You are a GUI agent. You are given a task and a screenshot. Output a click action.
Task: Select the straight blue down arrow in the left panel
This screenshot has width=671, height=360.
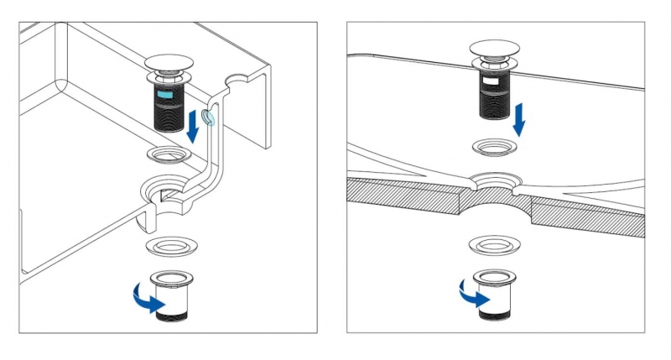pyautogui.click(x=195, y=127)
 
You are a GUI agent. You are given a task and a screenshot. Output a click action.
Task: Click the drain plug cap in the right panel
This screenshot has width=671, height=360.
pyautogui.click(x=497, y=49)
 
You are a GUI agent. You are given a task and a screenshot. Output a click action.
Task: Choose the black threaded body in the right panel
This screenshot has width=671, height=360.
pyautogui.click(x=496, y=95)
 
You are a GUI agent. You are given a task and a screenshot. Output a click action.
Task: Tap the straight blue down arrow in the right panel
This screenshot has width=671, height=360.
pyautogui.click(x=519, y=118)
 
